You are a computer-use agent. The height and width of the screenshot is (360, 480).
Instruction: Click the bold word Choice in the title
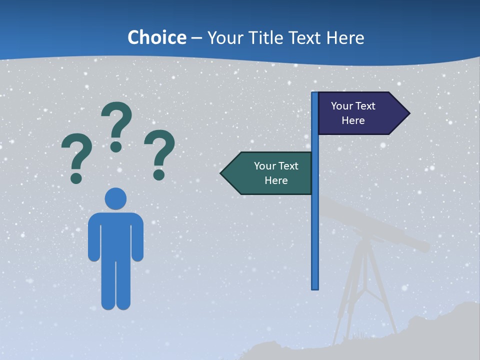[x=156, y=38]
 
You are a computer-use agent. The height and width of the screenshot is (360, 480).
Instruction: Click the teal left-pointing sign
[x=270, y=173]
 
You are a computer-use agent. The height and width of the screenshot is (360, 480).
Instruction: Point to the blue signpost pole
[x=315, y=225]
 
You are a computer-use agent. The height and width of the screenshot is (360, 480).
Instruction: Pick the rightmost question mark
[x=159, y=150]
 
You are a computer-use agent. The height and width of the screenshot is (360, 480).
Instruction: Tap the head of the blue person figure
[x=115, y=198]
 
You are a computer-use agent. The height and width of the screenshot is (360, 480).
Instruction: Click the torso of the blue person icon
[x=115, y=235]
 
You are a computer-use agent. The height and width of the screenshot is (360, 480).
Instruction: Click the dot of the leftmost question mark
[x=76, y=177]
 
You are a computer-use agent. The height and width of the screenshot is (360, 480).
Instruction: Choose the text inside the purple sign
[x=353, y=113]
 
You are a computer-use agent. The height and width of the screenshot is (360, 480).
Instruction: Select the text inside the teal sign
[x=276, y=173]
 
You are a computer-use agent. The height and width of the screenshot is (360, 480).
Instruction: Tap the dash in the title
[x=196, y=38]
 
